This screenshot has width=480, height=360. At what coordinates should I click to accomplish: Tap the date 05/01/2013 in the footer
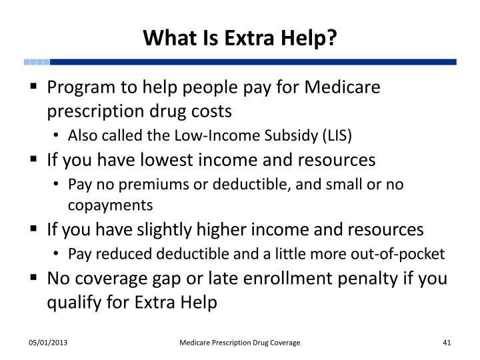pyautogui.click(x=47, y=342)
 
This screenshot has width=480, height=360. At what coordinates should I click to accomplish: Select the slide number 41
pyautogui.click(x=447, y=342)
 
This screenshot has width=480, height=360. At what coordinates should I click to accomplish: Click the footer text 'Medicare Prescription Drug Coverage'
pyautogui.click(x=240, y=342)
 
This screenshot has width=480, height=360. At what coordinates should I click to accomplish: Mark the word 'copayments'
pyautogui.click(x=110, y=204)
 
